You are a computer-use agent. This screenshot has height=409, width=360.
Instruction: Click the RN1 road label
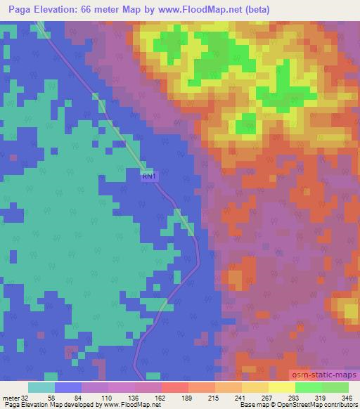pos(150,177)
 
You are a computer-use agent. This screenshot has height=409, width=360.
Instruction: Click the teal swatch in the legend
pos(41,387)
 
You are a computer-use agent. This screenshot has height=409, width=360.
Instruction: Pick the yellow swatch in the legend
pos(282,387)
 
